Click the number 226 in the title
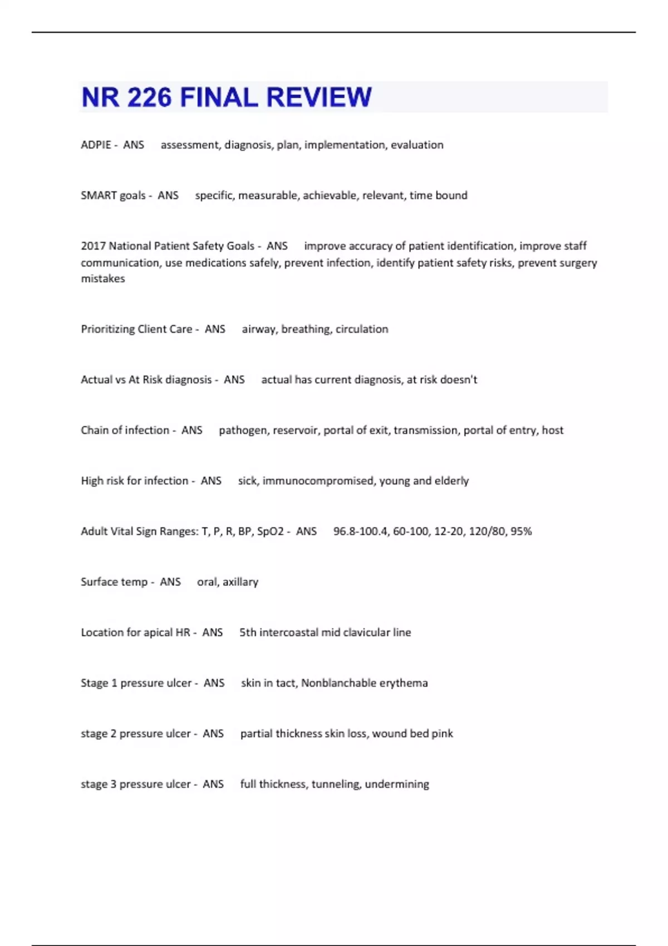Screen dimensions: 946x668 (x=149, y=97)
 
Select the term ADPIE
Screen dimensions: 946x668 (x=96, y=145)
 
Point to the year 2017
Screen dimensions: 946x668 (x=93, y=246)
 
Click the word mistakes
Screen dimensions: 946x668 (x=103, y=279)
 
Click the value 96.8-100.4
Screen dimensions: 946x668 (x=361, y=531)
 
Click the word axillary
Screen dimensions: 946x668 (x=240, y=582)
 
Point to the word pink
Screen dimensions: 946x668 (x=443, y=734)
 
